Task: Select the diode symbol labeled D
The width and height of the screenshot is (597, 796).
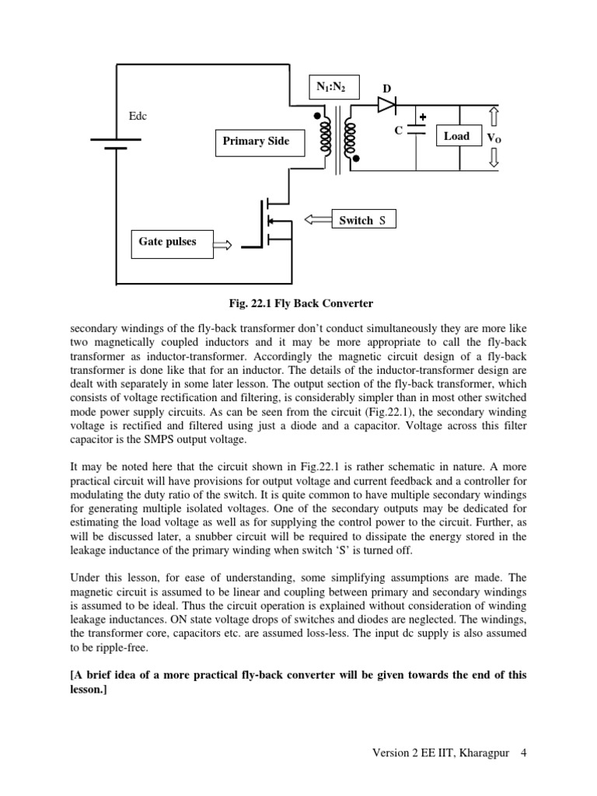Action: (387, 105)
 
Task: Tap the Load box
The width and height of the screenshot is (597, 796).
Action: (456, 136)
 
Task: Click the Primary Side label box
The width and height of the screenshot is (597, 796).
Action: (256, 141)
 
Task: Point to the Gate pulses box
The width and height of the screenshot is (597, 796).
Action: (168, 242)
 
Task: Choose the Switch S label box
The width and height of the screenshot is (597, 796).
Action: (363, 221)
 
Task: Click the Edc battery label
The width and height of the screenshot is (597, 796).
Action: (138, 116)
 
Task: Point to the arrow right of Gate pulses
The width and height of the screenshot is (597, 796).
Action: (222, 246)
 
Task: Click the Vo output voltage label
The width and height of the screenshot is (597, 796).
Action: (494, 138)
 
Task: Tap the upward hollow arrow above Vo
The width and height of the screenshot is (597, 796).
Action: (494, 117)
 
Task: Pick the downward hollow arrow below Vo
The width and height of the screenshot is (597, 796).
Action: (494, 158)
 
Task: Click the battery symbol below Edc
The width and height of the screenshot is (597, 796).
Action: (116, 144)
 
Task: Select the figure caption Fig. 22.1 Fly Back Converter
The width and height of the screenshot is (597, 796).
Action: (298, 302)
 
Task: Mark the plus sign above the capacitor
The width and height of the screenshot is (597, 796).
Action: (423, 118)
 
